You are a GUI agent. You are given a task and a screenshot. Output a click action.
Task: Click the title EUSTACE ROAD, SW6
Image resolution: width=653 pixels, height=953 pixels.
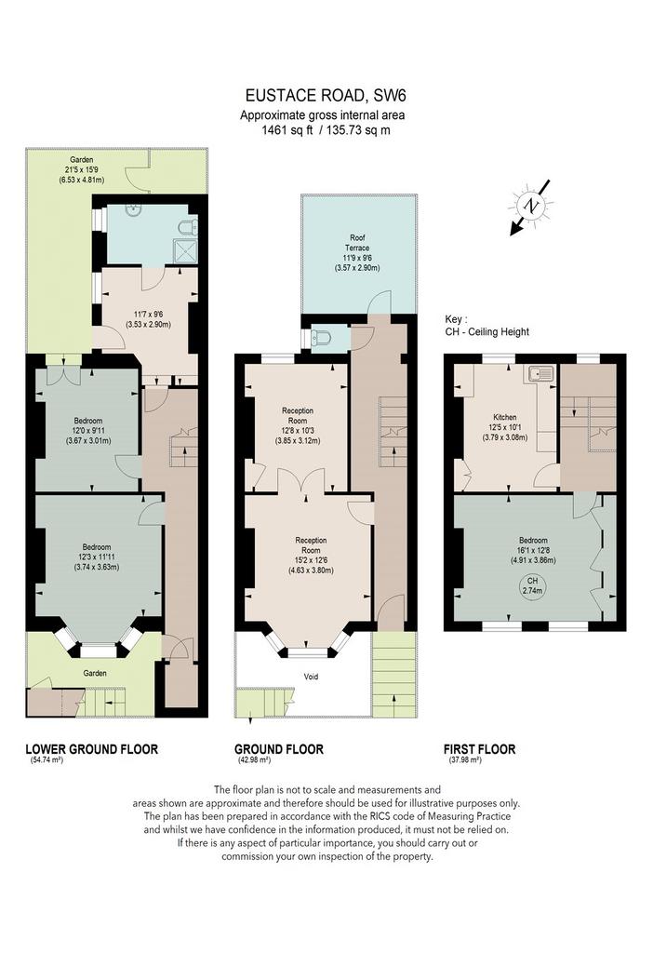[325, 96]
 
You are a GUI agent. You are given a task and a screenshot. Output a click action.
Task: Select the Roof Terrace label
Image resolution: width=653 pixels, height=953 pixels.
[357, 243]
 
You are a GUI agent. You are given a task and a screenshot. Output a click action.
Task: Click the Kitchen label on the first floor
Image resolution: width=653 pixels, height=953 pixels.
[505, 418]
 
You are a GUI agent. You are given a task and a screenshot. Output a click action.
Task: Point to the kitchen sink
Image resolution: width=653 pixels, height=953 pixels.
[541, 373]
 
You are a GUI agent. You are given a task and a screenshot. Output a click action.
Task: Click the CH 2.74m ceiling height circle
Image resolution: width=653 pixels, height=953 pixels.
[533, 585]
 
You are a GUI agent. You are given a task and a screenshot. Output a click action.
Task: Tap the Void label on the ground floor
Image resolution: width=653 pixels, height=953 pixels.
[311, 677]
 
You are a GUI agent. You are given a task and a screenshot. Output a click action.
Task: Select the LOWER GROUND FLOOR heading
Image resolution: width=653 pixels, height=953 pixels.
[92, 749]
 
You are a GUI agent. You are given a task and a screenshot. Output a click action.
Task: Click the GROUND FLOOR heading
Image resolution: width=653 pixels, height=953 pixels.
[279, 749]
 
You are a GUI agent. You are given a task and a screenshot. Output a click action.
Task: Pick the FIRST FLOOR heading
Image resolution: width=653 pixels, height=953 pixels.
[479, 749]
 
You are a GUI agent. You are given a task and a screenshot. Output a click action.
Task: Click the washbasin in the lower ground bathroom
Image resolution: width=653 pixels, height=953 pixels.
[132, 209]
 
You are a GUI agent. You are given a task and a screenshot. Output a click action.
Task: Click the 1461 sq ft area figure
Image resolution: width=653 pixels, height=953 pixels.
[287, 130]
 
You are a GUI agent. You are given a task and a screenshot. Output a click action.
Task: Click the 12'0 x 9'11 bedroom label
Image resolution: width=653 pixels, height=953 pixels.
[88, 431]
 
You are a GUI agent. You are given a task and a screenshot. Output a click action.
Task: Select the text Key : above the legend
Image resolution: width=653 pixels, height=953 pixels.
[456, 319]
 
